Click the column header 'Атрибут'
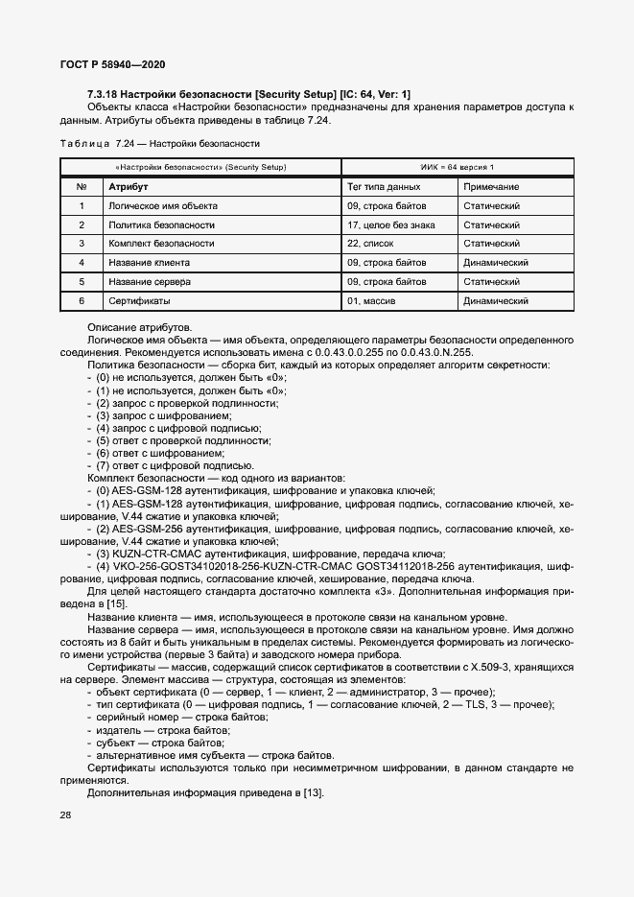(128, 187)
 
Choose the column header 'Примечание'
(491, 187)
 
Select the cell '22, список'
(372, 244)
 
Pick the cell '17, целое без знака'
(390, 224)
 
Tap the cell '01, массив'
(372, 301)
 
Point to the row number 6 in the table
(82, 301)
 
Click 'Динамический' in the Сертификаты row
(497, 301)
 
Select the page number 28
(65, 815)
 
